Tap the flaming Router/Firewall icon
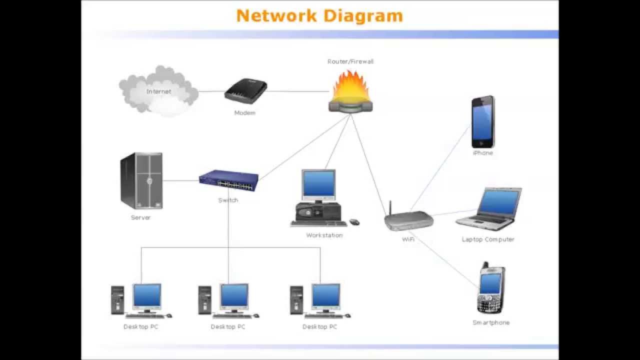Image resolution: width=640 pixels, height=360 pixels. click(x=350, y=92)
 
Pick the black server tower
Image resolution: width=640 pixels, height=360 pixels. click(x=141, y=180)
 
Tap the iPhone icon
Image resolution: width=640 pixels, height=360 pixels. click(x=482, y=122)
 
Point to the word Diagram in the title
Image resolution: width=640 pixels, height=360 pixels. click(x=362, y=15)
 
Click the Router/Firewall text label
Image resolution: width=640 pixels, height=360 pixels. click(x=350, y=61)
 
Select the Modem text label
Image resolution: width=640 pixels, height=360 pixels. click(x=245, y=113)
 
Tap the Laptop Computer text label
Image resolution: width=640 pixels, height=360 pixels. click(x=488, y=239)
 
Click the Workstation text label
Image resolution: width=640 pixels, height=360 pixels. click(x=324, y=235)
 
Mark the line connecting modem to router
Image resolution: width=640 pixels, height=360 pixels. click(x=297, y=91)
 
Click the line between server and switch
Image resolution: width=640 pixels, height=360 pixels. click(x=180, y=180)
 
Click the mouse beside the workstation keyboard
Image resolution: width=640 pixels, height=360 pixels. click(x=354, y=222)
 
